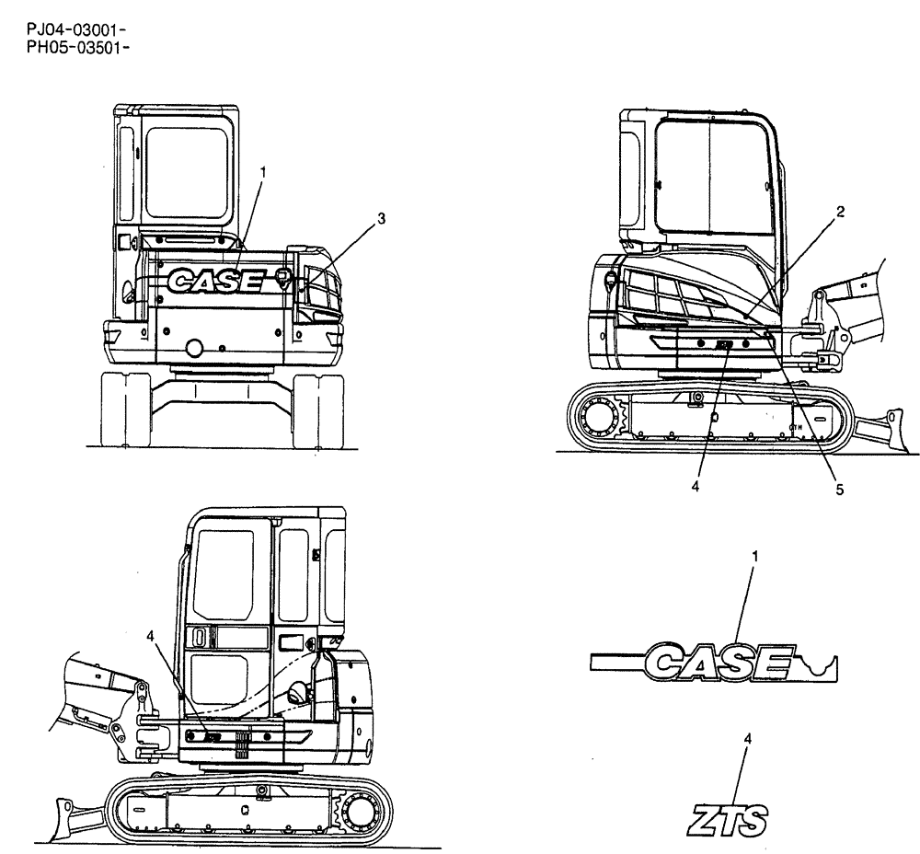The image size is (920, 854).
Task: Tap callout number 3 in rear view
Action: click(x=381, y=219)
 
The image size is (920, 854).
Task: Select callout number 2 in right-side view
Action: click(x=840, y=212)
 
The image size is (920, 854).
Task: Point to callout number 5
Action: click(x=839, y=490)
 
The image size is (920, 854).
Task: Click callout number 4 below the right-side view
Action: click(x=696, y=485)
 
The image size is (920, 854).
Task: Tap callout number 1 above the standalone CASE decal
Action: click(x=755, y=558)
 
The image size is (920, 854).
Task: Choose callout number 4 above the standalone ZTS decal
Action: click(x=747, y=738)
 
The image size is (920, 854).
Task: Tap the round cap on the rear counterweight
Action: click(x=194, y=347)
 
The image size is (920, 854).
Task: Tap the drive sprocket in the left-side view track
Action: click(x=361, y=812)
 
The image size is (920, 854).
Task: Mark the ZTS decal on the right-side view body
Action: click(x=724, y=346)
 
